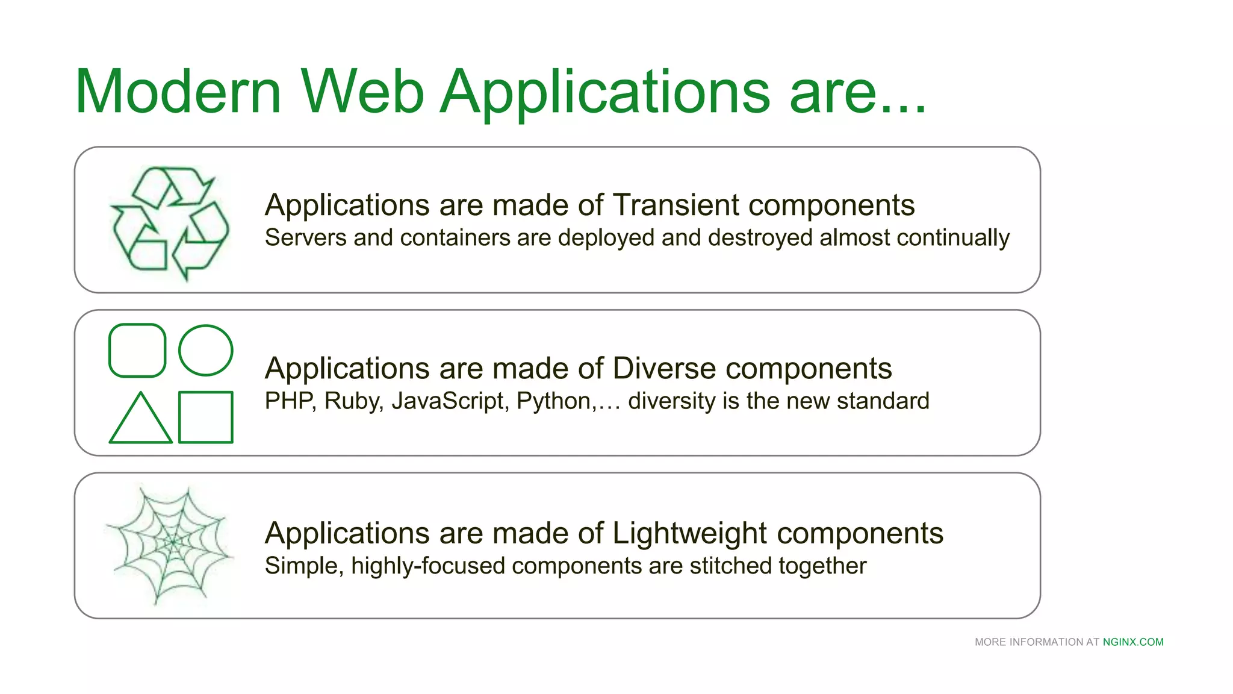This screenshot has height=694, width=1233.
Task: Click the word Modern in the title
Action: pos(178,92)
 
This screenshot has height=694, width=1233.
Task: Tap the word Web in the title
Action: pos(362,92)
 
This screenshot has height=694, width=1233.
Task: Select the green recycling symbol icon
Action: pos(170,223)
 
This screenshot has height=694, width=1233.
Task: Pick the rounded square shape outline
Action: pos(137,351)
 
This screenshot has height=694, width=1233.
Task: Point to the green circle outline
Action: pos(206,351)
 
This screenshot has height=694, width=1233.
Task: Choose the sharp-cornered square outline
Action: pos(206,417)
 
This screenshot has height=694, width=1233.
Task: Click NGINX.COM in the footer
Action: pos(1133,642)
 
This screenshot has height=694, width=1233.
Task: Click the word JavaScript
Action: pos(447,401)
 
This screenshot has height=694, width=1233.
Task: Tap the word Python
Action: pos(553,401)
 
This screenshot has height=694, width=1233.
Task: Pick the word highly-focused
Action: pos(428,566)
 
